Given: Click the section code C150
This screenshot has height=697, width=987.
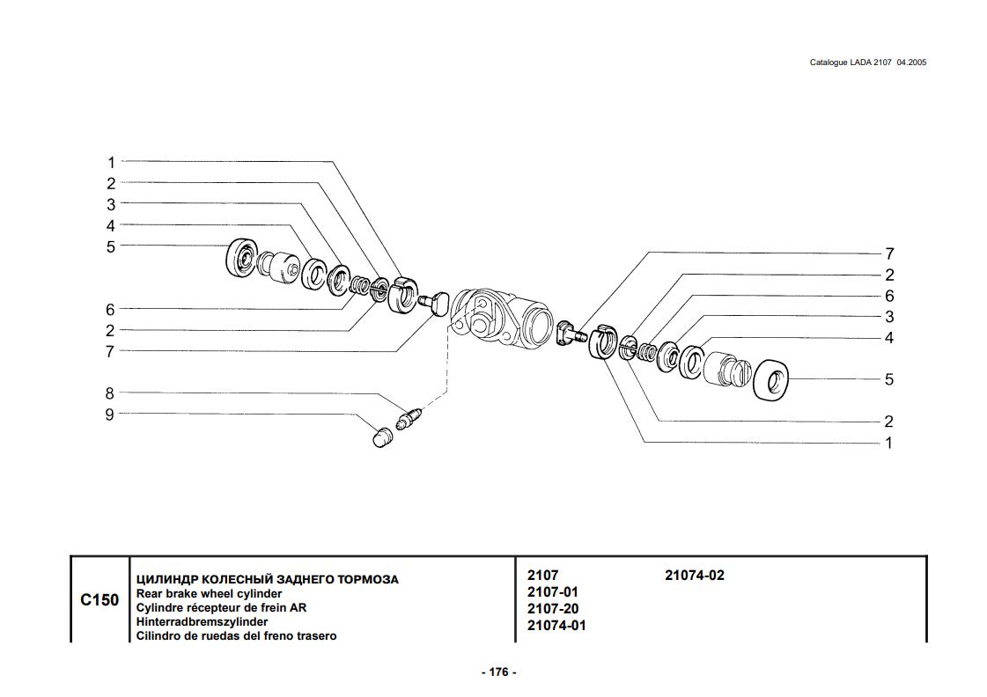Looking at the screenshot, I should (99, 600).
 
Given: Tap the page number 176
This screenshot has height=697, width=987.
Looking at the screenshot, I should (498, 672).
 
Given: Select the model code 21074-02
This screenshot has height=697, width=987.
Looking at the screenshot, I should (694, 576).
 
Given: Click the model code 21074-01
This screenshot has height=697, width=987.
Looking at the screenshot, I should (556, 626).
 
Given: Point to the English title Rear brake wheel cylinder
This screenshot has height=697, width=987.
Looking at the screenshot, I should (209, 594).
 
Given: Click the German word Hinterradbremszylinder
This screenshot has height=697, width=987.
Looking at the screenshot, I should (202, 621).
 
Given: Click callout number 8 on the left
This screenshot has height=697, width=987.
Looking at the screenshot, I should (110, 393).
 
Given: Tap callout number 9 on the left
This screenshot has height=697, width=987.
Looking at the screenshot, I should (110, 415).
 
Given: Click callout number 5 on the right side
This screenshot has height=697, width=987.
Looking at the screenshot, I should (889, 379).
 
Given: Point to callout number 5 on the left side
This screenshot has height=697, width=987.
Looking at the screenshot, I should (111, 246).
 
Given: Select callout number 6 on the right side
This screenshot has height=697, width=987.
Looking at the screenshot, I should (889, 297).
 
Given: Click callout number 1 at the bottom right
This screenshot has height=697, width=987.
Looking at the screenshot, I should (889, 443).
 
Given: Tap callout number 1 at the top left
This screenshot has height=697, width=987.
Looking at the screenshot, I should (111, 162).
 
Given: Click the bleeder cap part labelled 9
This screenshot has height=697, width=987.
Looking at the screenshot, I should (381, 437).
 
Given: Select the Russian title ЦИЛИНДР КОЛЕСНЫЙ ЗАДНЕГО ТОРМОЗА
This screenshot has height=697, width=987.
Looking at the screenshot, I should (266, 579).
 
